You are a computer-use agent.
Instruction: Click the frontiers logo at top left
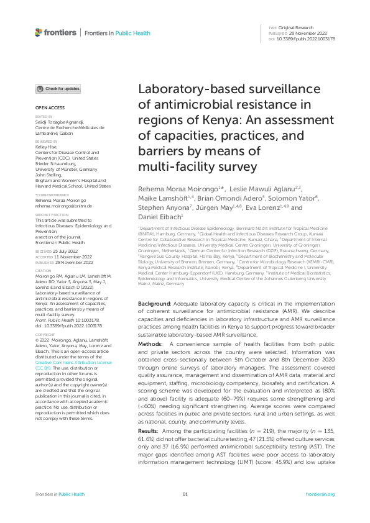[56, 32]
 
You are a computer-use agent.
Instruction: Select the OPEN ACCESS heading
[47, 107]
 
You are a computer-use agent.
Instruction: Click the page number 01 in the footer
[185, 494]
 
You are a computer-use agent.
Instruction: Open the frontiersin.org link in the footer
[320, 494]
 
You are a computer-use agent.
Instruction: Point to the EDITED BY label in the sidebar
[44, 117]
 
